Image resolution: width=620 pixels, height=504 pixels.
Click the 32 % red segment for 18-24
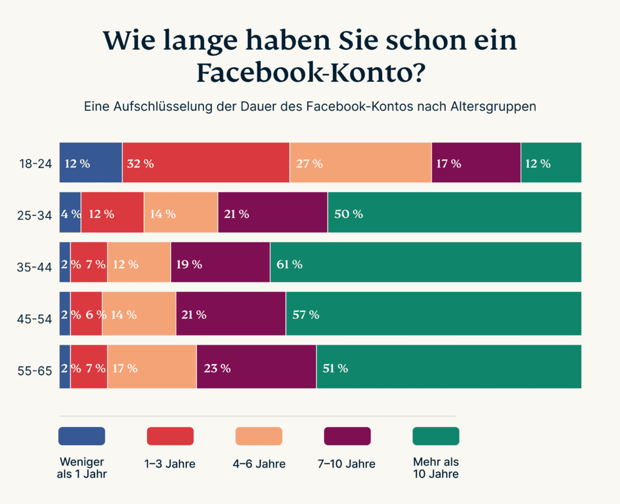click(206, 163)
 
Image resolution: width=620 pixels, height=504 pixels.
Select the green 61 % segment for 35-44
click(426, 263)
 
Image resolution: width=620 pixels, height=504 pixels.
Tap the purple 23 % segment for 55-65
click(256, 367)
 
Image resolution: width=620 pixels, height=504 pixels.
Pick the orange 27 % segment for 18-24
click(360, 163)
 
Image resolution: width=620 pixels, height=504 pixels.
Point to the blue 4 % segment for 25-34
click(70, 213)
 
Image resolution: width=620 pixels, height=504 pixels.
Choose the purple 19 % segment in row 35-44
click(220, 263)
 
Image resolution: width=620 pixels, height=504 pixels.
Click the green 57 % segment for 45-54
click(434, 314)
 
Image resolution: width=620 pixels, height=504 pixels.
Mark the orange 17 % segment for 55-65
click(152, 367)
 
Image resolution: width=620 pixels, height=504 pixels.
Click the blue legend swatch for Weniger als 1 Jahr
click(82, 436)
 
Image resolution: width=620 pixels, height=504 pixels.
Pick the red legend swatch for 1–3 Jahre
click(170, 436)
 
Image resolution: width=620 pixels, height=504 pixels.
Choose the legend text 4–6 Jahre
click(259, 464)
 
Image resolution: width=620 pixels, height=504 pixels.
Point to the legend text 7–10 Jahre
click(347, 464)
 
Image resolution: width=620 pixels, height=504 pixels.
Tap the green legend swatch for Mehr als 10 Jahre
click(436, 436)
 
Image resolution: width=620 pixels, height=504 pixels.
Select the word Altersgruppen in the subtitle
click(493, 107)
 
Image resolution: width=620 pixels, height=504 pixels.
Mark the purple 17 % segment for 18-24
click(476, 163)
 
